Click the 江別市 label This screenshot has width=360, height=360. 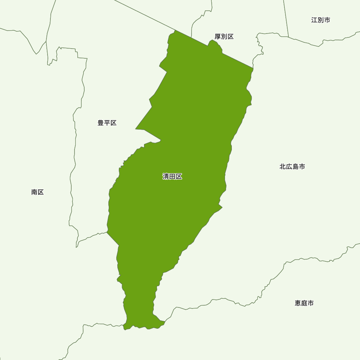[320, 20]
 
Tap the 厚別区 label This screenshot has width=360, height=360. [224, 37]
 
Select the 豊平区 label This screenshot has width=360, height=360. [107, 123]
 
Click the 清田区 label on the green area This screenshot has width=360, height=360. [172, 177]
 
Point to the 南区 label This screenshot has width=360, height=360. [37, 192]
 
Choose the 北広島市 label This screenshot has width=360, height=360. [292, 167]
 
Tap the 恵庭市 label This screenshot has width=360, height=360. [304, 303]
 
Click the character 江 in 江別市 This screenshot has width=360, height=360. [314, 20]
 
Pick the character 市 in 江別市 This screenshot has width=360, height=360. [327, 20]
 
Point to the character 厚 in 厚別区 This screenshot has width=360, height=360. [218, 37]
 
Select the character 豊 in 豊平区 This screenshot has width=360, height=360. [101, 123]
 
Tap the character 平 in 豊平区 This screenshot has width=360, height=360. [107, 123]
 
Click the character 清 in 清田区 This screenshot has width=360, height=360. [166, 177]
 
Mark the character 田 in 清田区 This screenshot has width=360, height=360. [172, 177]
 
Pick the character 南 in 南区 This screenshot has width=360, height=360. [34, 192]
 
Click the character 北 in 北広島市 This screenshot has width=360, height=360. [283, 167]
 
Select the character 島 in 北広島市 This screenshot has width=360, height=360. [295, 167]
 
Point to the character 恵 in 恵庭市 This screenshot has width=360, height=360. [298, 303]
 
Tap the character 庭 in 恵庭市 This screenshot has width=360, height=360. [304, 303]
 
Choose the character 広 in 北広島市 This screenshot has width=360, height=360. [289, 167]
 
